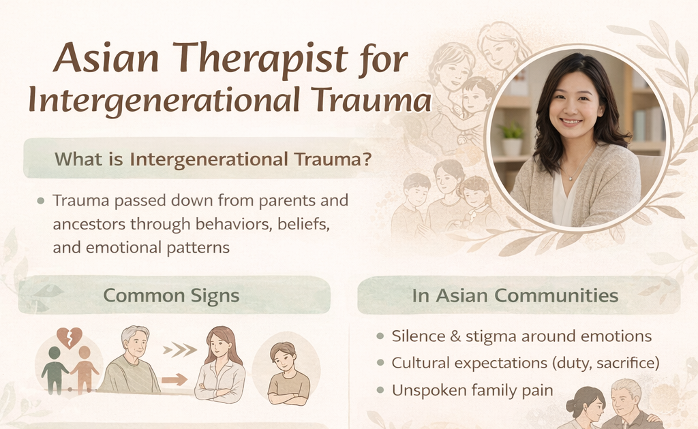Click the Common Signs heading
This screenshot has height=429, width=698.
click(x=171, y=296)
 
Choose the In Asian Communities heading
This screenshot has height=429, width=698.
click(x=515, y=296)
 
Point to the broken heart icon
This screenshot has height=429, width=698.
click(x=70, y=337)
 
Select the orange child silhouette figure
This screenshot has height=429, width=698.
click(x=85, y=370)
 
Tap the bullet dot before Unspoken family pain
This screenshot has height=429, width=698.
click(x=380, y=390)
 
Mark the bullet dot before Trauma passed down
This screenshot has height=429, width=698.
click(x=41, y=202)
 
